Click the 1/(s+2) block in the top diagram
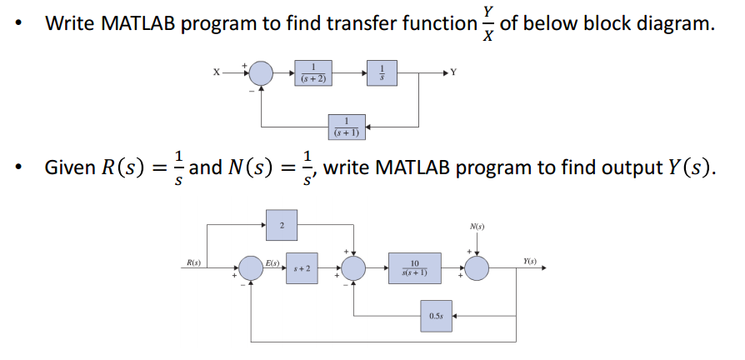pos(313,73)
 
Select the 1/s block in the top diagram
pos(382,72)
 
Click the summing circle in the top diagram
pos(262,73)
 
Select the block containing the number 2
pos(282,225)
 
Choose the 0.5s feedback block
pos(436,317)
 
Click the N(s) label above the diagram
pos(477,226)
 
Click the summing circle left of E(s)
pos(252,269)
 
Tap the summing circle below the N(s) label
pos(477,269)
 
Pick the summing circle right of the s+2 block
pos(355,269)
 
